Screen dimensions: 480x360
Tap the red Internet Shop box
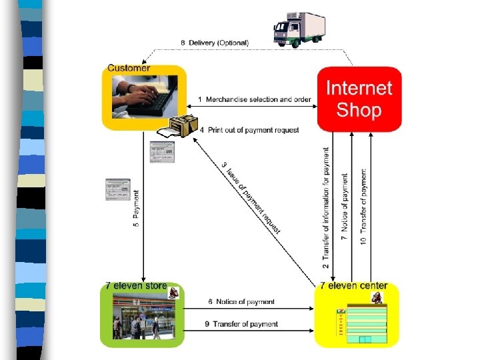(359, 99)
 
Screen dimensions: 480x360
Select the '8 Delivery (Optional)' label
(215, 43)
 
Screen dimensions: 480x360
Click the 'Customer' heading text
(129, 67)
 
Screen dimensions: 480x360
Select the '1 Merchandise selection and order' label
(254, 99)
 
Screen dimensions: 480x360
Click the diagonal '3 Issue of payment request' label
(251, 197)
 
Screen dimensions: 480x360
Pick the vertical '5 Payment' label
(137, 209)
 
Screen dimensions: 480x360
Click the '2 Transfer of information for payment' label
(326, 208)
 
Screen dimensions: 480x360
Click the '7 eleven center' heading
(353, 286)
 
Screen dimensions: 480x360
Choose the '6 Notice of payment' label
(241, 301)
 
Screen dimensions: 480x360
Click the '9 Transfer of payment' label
(241, 324)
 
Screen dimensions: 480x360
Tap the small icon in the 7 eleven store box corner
(174, 292)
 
